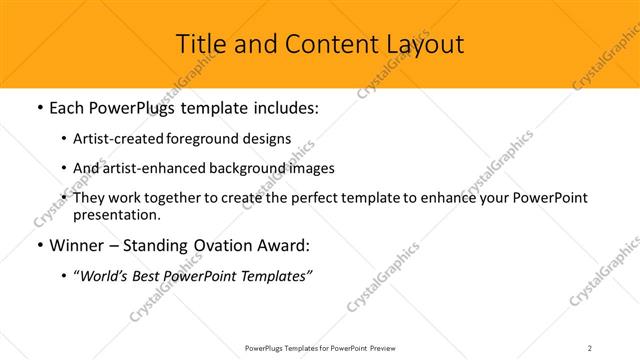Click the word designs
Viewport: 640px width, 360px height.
pos(269,139)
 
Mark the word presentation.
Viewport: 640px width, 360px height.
pos(116,214)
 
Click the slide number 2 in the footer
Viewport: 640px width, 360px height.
pos(590,347)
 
